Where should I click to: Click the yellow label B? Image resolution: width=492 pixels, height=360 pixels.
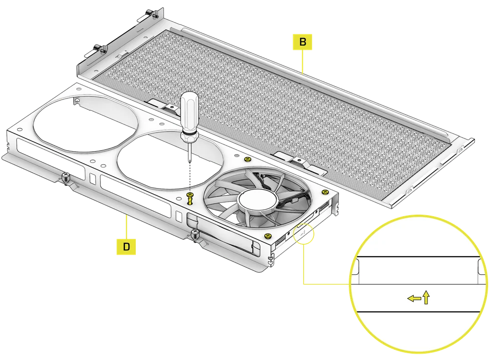click(x=303, y=42)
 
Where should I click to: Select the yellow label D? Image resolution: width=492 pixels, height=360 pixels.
click(x=126, y=247)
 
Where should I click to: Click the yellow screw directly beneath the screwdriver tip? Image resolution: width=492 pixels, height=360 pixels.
click(x=190, y=198)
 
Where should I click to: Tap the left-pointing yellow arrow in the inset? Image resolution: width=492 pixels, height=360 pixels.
click(x=413, y=298)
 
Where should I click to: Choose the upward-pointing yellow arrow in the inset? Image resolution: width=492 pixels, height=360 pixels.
click(x=426, y=297)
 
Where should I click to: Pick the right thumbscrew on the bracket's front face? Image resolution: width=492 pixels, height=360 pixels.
click(x=195, y=233)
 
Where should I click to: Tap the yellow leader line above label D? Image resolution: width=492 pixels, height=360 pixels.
click(x=126, y=227)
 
